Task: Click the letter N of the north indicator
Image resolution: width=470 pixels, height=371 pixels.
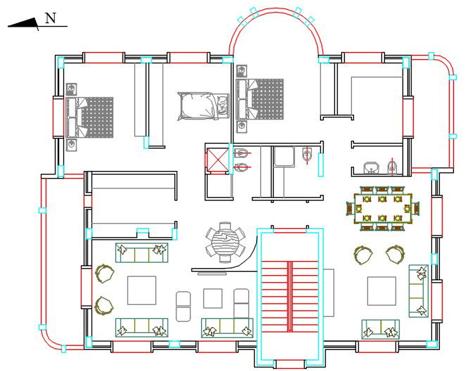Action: point(51,18)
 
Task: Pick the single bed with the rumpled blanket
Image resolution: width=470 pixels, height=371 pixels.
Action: point(203,107)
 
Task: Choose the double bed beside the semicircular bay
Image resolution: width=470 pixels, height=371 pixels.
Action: point(261,99)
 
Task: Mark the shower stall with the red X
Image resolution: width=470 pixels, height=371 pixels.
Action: point(218,158)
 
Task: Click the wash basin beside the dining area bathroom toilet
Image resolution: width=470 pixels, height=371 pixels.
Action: point(371,167)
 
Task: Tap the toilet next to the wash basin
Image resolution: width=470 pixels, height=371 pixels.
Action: point(393,167)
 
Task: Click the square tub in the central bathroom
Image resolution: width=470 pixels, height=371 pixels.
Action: point(284,156)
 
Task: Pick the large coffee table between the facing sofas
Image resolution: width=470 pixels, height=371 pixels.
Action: point(141,289)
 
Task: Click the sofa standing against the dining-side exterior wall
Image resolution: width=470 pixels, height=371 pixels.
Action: point(419,290)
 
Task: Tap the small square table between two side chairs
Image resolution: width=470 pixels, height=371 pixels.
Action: point(212,298)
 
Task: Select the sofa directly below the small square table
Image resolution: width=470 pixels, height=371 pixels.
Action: point(227,327)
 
